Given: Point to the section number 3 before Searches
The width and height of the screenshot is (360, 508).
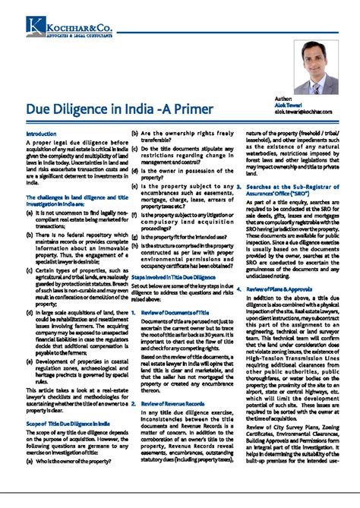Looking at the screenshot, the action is coord(239,186).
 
